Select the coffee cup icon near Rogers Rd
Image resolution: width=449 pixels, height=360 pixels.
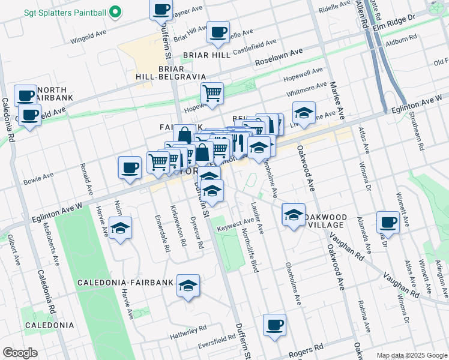click(x=274, y=326)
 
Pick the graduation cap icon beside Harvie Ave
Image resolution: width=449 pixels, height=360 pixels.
click(x=121, y=229)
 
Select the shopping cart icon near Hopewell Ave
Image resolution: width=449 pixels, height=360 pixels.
click(x=212, y=94)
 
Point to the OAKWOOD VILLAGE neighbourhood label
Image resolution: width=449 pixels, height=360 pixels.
click(x=325, y=220)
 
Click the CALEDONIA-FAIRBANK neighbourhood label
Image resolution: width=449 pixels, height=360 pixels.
click(x=125, y=282)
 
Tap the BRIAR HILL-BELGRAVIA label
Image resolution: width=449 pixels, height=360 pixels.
click(x=173, y=73)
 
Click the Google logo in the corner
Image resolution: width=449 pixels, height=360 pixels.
click(x=20, y=353)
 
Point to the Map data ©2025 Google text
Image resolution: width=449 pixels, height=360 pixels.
click(x=411, y=355)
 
